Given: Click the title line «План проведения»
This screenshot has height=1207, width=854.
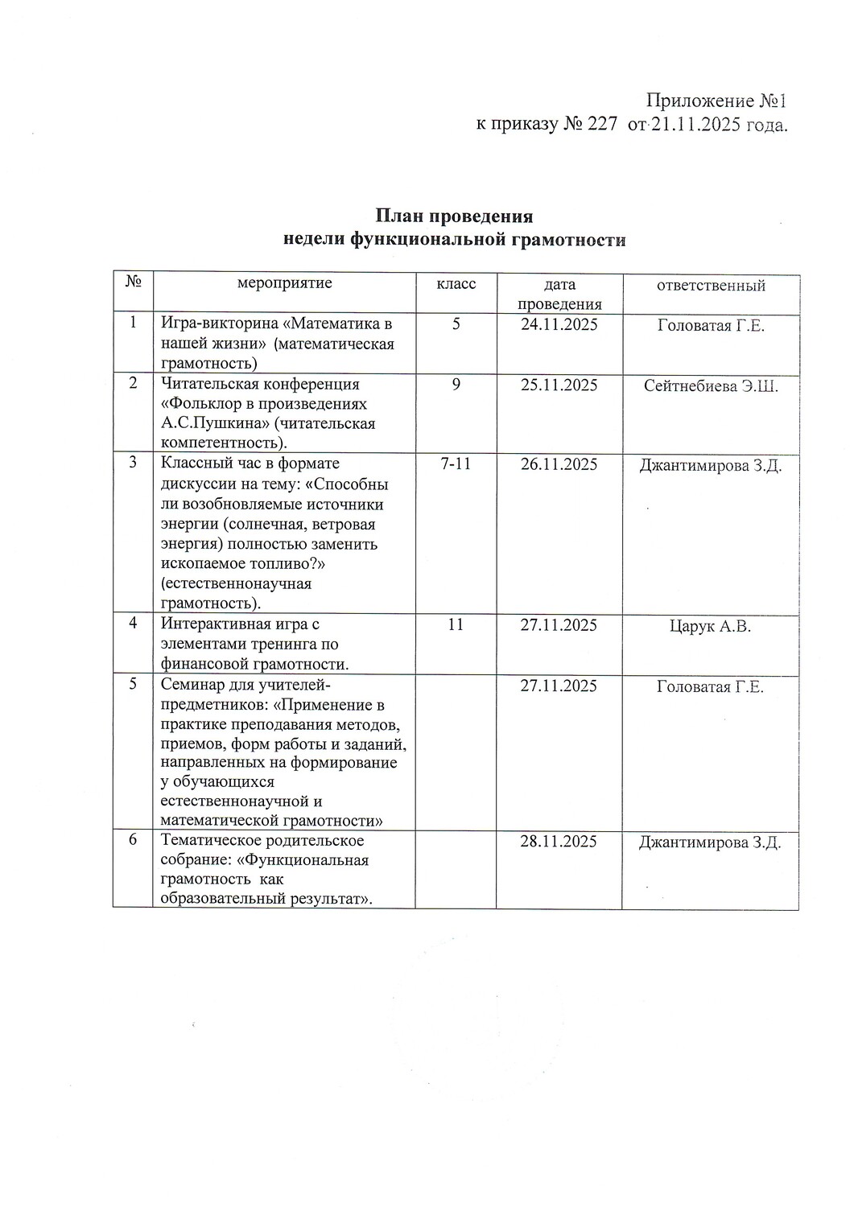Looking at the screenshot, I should click(454, 216).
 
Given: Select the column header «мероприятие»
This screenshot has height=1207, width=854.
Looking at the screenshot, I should click(284, 284).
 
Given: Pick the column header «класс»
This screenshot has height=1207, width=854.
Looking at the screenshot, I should click(456, 284).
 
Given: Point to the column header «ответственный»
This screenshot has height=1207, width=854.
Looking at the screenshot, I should click(711, 285).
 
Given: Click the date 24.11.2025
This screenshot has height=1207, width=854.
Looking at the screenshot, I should click(559, 325).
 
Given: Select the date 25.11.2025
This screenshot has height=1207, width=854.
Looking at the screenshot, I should click(559, 385).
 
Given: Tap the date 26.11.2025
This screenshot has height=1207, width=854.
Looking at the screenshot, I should click(559, 464).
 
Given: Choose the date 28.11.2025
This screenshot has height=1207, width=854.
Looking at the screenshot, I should click(559, 842).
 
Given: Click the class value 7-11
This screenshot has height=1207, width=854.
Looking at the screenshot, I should click(456, 464).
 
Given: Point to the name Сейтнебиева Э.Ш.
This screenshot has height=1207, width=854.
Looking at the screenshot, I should click(711, 385).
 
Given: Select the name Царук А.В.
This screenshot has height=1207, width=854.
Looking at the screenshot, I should click(710, 626).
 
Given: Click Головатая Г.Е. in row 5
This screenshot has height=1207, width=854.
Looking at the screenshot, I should click(710, 686).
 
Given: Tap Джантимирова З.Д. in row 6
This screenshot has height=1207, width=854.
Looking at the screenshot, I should click(710, 842).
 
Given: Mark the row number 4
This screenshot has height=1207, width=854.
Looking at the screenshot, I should click(133, 623).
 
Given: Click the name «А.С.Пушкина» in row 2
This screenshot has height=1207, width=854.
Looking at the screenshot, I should click(202, 424).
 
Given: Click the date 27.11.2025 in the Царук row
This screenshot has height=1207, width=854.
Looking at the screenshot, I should click(559, 625).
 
